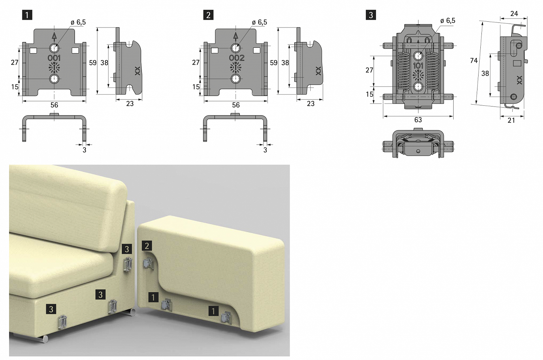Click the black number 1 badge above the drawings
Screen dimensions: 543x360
27,15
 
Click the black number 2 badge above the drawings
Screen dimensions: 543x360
208,15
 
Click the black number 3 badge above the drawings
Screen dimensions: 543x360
371,15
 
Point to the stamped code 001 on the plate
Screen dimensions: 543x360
54,58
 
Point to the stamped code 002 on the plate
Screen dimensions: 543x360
237,58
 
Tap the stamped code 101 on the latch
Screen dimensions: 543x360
418,66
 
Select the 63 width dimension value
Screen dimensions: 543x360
418,120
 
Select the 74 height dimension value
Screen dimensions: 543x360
473,60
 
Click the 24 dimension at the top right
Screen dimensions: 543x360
514,14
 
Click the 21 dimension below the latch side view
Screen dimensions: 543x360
511,120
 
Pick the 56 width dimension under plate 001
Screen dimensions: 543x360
54,105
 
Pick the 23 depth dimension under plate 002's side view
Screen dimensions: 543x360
311,104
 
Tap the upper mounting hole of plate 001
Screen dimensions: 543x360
54,48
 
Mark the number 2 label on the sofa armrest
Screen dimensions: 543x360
147,246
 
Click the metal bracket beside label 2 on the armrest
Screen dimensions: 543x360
149,263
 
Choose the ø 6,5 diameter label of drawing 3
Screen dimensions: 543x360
448,21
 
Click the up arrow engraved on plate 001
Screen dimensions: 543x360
54,36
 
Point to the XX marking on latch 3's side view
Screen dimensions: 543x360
519,80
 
